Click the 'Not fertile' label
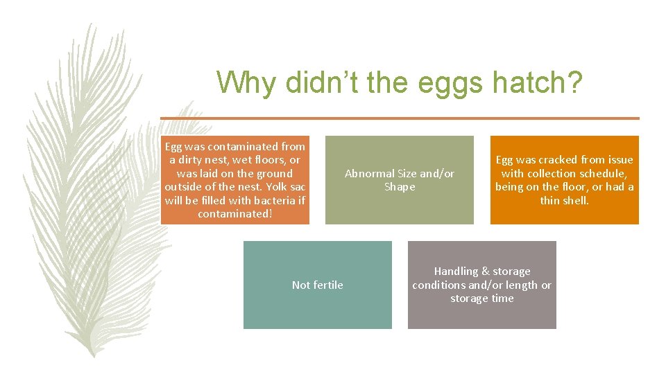click(317, 285)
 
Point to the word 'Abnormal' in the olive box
click(369, 173)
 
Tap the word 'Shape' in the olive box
click(400, 187)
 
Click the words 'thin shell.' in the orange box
click(564, 200)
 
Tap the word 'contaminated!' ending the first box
click(234, 214)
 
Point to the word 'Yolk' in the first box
click(266, 187)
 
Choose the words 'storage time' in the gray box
click(481, 299)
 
